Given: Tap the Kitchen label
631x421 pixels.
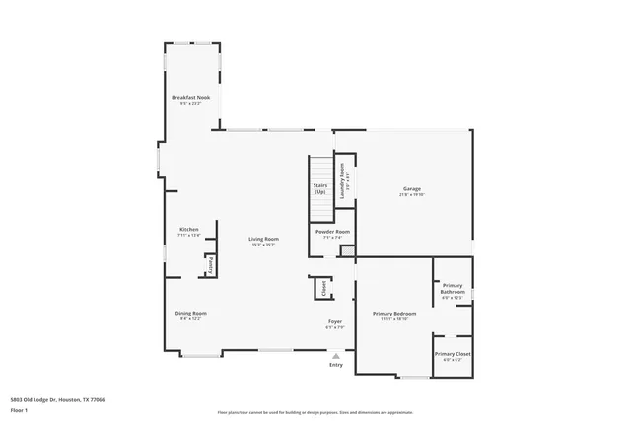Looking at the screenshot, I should click(x=188, y=230).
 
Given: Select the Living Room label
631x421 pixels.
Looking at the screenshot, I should click(x=263, y=239).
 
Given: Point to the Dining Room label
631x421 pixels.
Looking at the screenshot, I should click(x=191, y=313).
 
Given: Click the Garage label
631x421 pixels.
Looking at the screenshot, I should click(x=411, y=188).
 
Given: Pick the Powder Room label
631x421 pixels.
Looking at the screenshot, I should click(x=332, y=232).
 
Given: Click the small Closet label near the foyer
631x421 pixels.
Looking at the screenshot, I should click(x=321, y=287).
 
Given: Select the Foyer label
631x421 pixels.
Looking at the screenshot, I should click(x=335, y=321).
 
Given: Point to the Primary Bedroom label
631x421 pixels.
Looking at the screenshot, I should click(x=394, y=313).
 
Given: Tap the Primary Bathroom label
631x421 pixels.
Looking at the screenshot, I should click(x=453, y=288).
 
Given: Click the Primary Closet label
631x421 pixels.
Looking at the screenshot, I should click(x=453, y=353).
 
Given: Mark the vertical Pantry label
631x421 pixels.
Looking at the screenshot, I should click(x=210, y=266).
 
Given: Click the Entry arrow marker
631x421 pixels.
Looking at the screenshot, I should click(x=336, y=355).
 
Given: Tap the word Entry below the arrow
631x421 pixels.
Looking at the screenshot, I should click(x=336, y=365).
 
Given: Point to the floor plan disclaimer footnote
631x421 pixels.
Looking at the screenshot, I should click(x=315, y=411).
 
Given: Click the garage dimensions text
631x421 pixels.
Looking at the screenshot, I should click(x=411, y=195).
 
